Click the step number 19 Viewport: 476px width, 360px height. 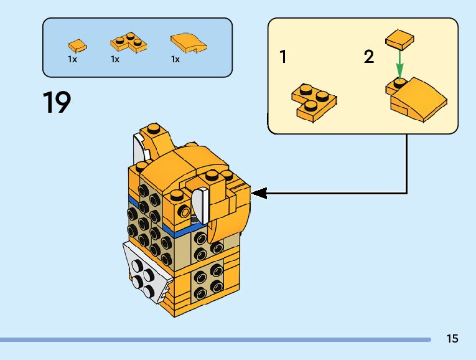(x=57, y=102)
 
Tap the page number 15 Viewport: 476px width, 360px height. (x=452, y=339)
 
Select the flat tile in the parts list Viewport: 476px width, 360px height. (x=77, y=45)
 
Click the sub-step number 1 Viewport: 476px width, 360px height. (x=284, y=57)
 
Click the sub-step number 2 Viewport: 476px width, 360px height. (x=369, y=57)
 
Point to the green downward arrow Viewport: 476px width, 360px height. (x=399, y=63)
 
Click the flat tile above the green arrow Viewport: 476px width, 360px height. (x=399, y=40)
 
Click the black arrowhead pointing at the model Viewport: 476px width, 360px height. (x=259, y=193)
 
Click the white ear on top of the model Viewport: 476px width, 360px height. (x=139, y=150)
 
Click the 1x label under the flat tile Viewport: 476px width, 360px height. (x=72, y=59)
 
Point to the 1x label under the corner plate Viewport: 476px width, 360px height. (x=115, y=59)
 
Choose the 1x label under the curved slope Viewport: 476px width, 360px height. (x=175, y=59)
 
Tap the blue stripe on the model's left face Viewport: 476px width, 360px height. (x=133, y=202)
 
